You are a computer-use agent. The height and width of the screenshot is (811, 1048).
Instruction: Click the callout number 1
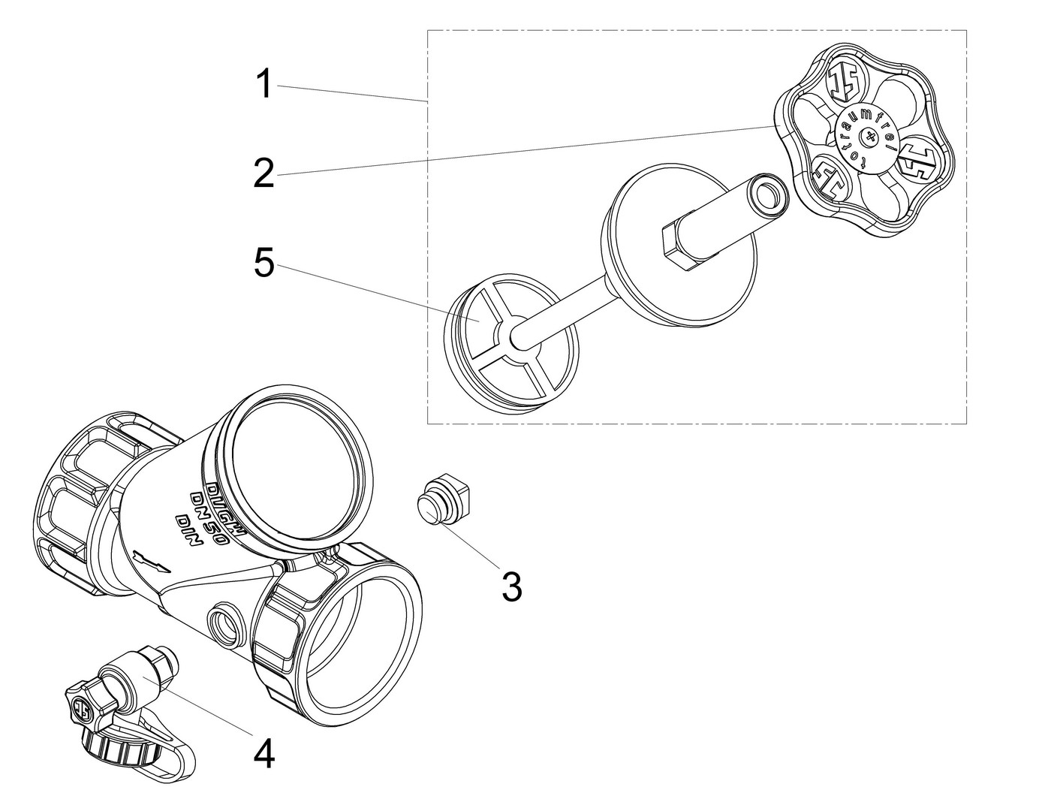coord(264,85)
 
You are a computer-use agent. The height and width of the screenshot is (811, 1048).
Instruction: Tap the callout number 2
coord(264,173)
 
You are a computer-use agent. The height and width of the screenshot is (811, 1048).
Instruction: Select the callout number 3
coord(511,586)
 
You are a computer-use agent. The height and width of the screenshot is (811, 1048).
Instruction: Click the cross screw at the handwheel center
coord(869,138)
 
